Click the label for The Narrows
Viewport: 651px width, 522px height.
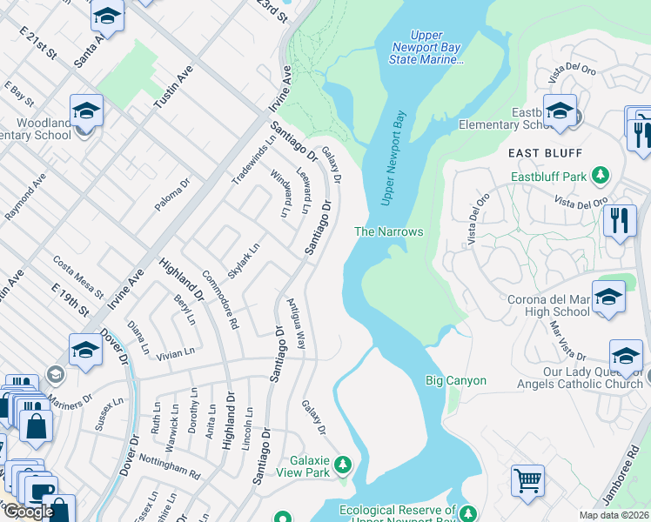[388, 231]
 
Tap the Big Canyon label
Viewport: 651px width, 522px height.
[455, 380]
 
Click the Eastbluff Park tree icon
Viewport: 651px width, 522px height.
[600, 177]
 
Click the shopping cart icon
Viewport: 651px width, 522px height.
[527, 479]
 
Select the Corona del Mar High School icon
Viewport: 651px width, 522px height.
[608, 296]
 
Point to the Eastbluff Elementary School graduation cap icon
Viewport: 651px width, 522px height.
[560, 110]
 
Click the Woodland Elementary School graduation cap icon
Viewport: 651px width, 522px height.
[86, 110]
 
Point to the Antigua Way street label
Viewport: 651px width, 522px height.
[296, 324]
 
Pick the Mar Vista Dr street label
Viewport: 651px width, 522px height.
[567, 340]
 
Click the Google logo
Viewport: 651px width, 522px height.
[29, 512]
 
